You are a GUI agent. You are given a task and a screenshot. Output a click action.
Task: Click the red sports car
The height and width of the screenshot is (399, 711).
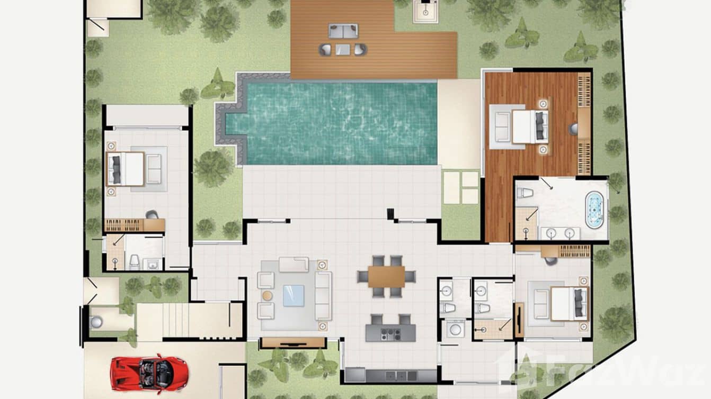(x=141, y=371)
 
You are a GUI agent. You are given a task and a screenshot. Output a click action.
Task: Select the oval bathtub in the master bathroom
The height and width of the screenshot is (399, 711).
(x=594, y=210)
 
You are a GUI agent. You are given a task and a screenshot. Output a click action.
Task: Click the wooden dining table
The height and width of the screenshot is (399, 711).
(x=386, y=276)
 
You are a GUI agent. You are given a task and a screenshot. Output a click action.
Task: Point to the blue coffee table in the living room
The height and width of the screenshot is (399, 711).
(x=294, y=296)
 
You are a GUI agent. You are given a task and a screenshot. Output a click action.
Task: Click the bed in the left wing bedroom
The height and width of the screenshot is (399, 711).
(x=126, y=169)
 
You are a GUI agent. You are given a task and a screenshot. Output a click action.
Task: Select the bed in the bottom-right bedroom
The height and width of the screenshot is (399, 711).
(x=568, y=304)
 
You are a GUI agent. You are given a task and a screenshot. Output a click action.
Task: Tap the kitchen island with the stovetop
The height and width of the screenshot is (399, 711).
(x=390, y=333)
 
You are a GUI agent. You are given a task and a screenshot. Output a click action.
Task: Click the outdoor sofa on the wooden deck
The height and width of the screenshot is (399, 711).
(x=343, y=31)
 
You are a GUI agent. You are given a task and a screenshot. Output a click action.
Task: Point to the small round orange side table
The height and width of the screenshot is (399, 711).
(x=268, y=295)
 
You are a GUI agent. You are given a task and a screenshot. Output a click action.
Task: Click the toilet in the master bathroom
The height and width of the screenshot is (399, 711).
(x=524, y=193)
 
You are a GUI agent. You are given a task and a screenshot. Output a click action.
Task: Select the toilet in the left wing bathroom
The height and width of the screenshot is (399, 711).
(x=135, y=261)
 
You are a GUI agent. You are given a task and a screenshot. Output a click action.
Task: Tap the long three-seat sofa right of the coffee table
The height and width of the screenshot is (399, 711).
(x=323, y=296)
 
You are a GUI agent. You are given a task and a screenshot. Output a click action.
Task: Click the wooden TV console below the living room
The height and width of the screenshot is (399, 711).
(x=292, y=342)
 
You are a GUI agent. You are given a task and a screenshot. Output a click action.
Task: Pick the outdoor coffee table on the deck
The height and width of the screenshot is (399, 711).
(x=343, y=49)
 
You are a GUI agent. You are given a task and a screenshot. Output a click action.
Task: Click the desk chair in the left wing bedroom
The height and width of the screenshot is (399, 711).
(x=152, y=215)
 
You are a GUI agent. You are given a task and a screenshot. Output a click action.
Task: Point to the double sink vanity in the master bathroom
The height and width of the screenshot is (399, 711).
(x=558, y=232)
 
